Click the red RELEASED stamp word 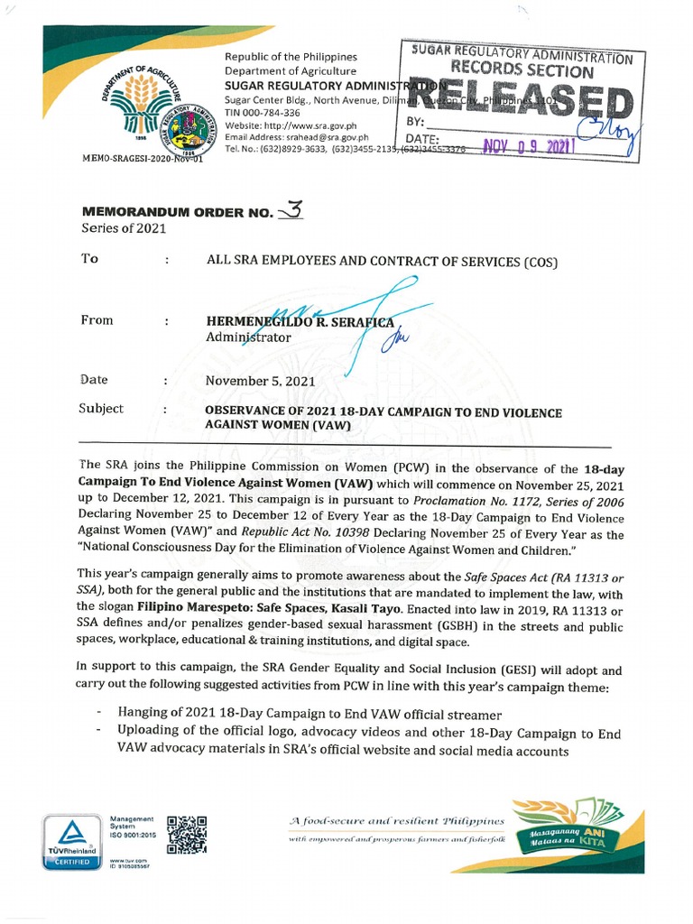tap(516, 98)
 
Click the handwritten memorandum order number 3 tap(293, 211)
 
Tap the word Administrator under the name tap(248, 337)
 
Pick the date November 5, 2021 tap(260, 381)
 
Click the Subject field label tap(101, 409)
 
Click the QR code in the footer tap(187, 834)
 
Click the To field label tap(89, 259)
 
